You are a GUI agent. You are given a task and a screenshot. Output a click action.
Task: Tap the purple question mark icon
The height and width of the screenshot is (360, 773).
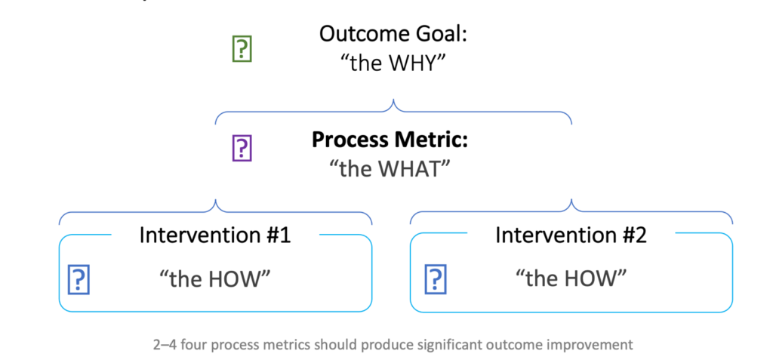click(242, 148)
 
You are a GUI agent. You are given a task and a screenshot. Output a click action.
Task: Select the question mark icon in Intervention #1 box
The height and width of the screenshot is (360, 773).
click(79, 279)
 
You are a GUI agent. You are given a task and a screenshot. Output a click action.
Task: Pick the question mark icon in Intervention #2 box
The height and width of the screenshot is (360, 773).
click(436, 279)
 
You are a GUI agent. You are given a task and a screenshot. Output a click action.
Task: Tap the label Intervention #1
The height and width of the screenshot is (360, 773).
click(215, 235)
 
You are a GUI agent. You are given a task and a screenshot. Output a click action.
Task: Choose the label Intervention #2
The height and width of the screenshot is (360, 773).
click(571, 235)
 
